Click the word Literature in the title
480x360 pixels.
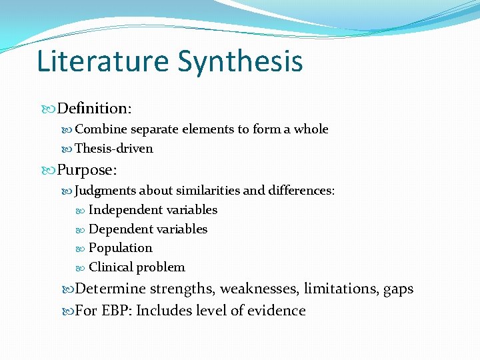[x=103, y=61]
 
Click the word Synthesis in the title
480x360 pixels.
[x=240, y=61]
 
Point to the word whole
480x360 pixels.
[x=311, y=129]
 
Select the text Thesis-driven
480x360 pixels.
[x=114, y=149]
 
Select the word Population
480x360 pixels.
[x=121, y=248]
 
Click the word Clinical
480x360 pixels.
[x=111, y=267]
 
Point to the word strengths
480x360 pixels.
[x=181, y=289]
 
